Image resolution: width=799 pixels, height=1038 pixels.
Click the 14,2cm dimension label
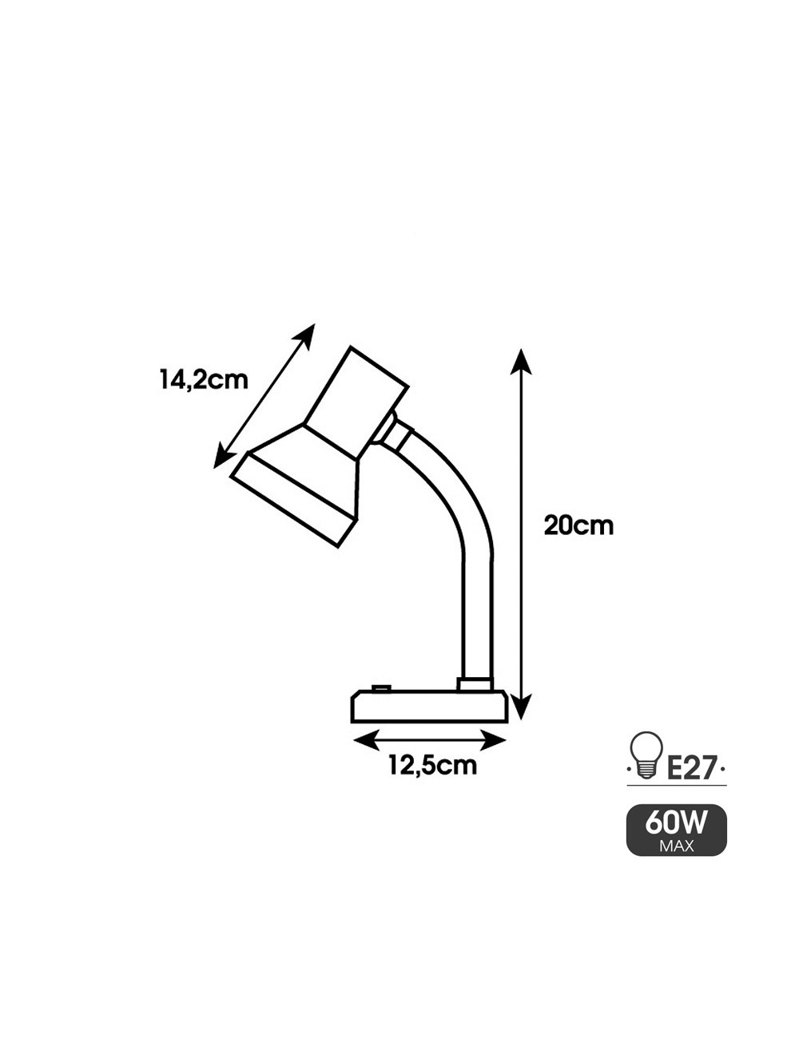coord(204,381)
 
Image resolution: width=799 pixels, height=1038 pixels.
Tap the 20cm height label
coord(578,525)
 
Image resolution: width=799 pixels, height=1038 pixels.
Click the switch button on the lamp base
coord(381,688)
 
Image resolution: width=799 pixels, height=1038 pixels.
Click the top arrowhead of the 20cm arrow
coord(521,363)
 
